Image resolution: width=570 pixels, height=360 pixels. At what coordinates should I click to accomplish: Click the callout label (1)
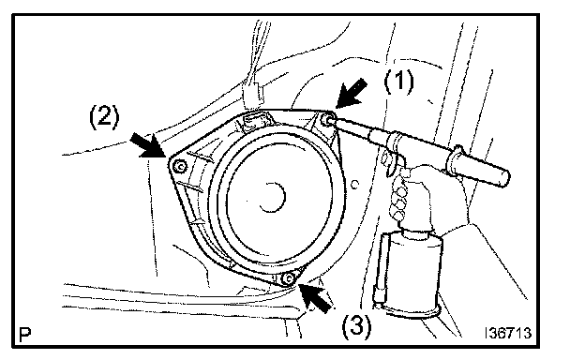(398, 81)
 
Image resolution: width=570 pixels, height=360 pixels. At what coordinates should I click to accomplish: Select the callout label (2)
(104, 117)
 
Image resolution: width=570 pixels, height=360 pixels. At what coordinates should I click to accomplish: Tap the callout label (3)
(356, 324)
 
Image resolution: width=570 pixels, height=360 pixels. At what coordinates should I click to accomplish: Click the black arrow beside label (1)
(352, 94)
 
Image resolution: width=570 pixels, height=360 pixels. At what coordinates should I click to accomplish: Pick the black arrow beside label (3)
(316, 298)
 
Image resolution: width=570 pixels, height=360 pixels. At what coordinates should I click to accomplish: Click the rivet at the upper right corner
(326, 119)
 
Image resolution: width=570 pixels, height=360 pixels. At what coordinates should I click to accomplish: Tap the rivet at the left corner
(179, 167)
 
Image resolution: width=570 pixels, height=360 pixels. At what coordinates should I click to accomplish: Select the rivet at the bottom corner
(289, 278)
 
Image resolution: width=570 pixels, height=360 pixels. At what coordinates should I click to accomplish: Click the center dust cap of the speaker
(274, 197)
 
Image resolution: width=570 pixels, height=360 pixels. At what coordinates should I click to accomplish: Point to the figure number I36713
(508, 333)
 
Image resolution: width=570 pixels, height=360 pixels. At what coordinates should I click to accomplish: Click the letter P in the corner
(24, 335)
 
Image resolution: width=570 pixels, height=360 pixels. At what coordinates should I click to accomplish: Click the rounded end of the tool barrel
(505, 178)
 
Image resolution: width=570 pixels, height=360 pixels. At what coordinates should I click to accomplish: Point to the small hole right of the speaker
(354, 184)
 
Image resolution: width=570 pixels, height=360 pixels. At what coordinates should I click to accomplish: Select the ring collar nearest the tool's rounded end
(457, 160)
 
